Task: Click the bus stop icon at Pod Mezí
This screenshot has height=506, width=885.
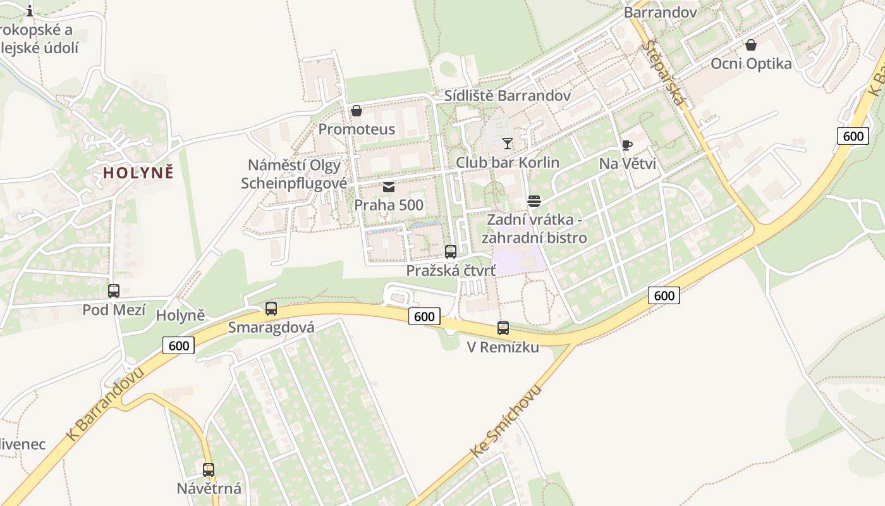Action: tap(114, 291)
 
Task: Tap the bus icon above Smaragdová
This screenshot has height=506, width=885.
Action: tap(271, 309)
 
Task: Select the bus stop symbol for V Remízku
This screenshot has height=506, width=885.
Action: tap(503, 328)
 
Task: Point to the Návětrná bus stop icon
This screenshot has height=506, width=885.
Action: tap(209, 470)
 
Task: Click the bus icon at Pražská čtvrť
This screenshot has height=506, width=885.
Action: tap(451, 252)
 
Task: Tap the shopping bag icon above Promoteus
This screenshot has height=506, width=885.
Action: tap(357, 111)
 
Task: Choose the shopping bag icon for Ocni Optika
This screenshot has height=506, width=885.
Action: tap(751, 45)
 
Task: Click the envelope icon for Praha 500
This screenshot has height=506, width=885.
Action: tap(388, 187)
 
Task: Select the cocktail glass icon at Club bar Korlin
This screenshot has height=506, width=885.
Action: tap(508, 144)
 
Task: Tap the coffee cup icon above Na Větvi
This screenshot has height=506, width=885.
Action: tap(627, 145)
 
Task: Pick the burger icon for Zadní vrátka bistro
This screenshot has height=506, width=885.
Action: tap(534, 201)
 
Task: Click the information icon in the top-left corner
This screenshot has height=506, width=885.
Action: tap(30, 10)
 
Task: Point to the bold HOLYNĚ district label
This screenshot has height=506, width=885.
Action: tap(138, 173)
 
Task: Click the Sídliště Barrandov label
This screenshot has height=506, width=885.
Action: tap(508, 96)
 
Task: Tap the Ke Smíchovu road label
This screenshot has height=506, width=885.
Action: tap(506, 421)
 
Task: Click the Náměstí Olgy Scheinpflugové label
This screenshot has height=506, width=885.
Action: tap(295, 174)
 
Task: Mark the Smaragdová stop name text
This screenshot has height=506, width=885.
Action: tap(271, 327)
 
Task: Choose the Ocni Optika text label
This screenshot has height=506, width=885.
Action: tap(751, 63)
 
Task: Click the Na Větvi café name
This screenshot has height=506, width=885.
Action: tap(627, 164)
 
